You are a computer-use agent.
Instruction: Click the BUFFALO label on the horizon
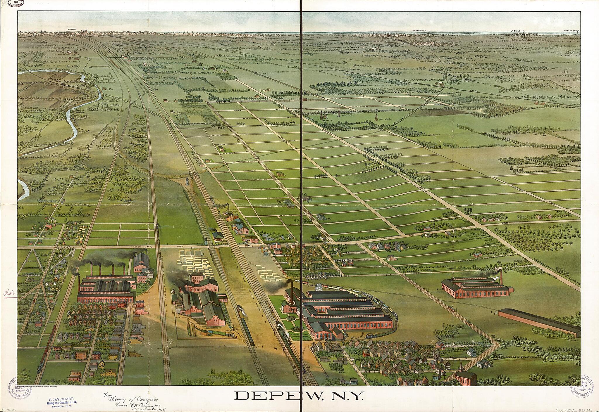point(72,30)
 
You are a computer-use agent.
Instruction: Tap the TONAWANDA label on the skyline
point(418,31)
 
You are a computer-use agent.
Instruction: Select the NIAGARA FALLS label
point(571,31)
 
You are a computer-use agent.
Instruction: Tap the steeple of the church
point(460,364)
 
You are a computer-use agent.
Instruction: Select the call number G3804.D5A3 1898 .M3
point(575,410)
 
